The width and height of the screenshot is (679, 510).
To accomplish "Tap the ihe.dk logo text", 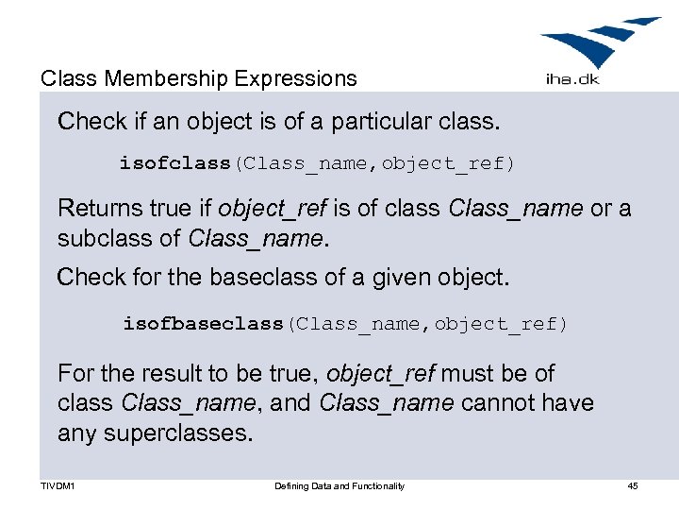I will pos(573,80).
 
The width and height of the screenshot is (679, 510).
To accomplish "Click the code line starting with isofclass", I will pos(317,163).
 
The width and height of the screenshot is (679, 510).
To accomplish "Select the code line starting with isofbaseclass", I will pos(345,324).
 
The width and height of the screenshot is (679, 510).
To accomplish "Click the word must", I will pos(467,373).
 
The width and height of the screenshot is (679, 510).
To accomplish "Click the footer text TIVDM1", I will pos(58,485).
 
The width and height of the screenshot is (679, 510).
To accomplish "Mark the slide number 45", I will pos(633,485).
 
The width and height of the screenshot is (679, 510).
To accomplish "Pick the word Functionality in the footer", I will pos(377,485).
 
